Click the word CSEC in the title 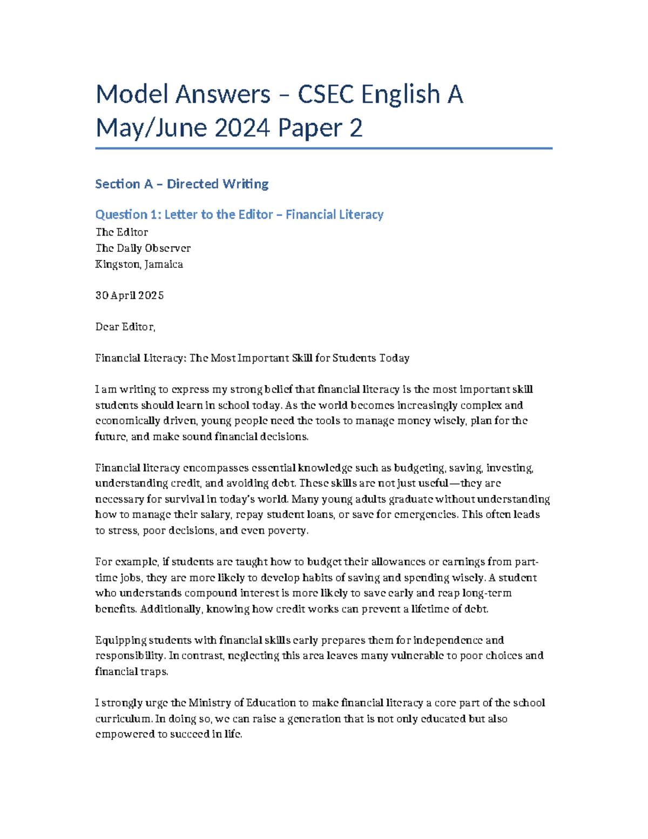coord(326,95)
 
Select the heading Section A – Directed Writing coord(181,184)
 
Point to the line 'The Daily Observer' coord(143,248)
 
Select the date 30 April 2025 coord(130,296)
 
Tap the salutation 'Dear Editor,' coord(125,327)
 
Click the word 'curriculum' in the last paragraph coord(124,719)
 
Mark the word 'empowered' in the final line coord(125,735)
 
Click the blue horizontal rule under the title coord(323,148)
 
